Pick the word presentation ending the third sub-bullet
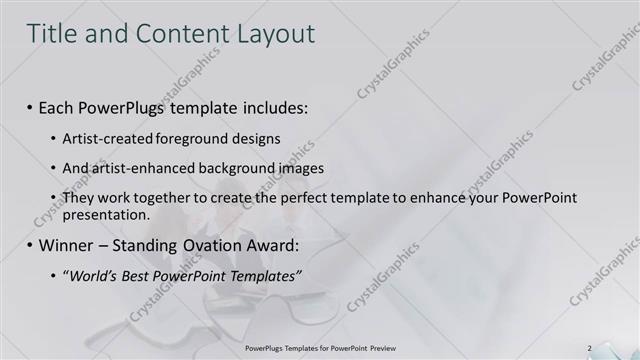pos(105,214)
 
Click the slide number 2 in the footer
pos(589,348)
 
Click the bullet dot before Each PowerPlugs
pos(30,107)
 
